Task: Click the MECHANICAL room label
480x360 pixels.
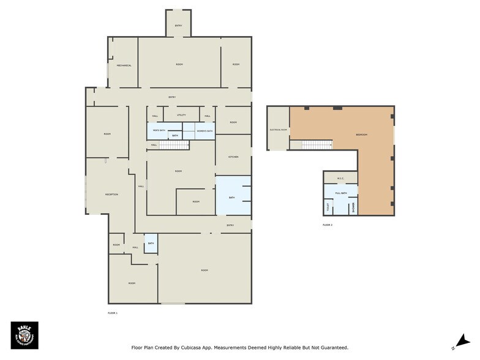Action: (x=125, y=66)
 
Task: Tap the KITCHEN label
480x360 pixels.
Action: (x=233, y=157)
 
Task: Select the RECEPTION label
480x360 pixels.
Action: (x=111, y=195)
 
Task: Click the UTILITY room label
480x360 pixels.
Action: (x=181, y=115)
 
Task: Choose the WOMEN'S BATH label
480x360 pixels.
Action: (x=204, y=131)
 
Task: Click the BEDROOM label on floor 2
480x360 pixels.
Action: (x=362, y=135)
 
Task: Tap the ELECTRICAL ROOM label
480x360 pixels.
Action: (x=278, y=130)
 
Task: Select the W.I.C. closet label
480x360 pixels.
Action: (x=340, y=179)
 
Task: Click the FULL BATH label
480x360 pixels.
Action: (x=341, y=193)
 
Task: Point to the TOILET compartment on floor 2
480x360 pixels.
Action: (x=328, y=208)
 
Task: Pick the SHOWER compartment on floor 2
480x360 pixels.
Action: (x=353, y=208)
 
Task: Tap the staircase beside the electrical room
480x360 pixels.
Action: (x=317, y=144)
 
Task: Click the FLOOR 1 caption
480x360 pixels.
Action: (x=112, y=313)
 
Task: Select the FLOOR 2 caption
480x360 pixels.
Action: (x=328, y=225)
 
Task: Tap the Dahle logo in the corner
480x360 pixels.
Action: (x=24, y=336)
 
